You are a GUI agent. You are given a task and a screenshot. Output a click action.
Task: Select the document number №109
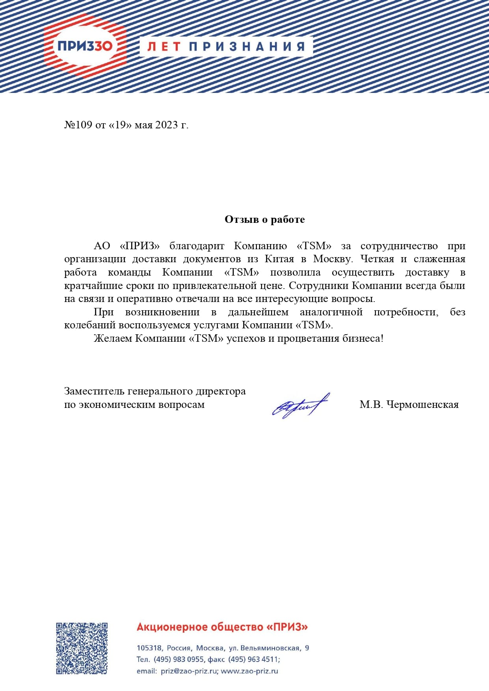tap(78, 125)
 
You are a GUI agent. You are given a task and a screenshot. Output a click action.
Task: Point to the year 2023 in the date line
tap(167, 125)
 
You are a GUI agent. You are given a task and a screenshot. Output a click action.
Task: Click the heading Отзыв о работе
tap(264, 219)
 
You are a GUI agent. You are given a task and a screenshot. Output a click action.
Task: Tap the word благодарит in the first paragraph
tap(197, 246)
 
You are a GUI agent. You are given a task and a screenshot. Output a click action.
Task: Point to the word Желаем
tap(113, 339)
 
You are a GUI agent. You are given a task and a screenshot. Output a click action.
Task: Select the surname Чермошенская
tap(422, 405)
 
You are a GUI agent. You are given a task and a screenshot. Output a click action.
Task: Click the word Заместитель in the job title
tap(95, 391)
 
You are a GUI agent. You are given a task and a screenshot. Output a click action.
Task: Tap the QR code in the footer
tap(82, 648)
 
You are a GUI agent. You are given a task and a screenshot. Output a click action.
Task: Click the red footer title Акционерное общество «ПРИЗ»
tap(222, 627)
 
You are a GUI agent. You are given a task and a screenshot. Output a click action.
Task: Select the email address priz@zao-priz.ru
tap(189, 671)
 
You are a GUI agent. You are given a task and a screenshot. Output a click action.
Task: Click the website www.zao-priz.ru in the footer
tap(249, 671)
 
